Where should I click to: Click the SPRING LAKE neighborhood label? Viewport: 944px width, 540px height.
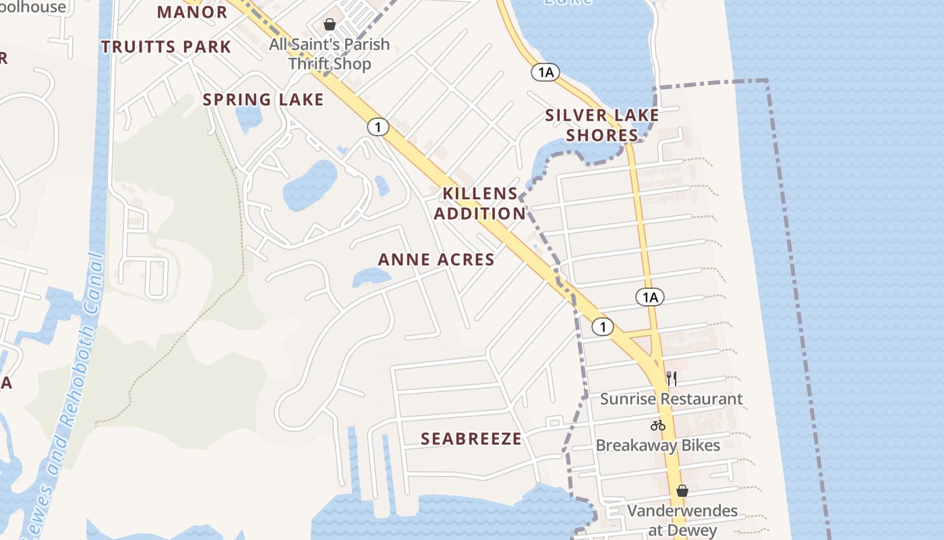(x=263, y=100)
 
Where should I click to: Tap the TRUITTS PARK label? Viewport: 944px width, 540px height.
(x=166, y=47)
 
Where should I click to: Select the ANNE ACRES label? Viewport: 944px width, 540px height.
(x=436, y=259)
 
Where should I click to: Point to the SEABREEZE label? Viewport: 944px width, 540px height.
(x=471, y=439)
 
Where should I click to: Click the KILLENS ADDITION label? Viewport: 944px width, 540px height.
(x=479, y=204)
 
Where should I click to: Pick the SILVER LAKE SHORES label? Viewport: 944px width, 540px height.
(x=601, y=125)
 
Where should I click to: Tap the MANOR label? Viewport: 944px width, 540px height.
(x=192, y=12)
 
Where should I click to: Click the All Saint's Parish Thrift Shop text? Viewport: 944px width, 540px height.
(x=330, y=54)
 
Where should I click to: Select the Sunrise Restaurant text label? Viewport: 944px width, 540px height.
(x=672, y=399)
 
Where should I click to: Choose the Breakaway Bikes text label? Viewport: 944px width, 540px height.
(x=657, y=446)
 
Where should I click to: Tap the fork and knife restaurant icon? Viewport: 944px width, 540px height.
(x=672, y=378)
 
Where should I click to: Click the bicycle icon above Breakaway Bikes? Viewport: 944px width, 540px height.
(x=658, y=425)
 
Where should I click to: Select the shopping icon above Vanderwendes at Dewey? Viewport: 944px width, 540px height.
(x=682, y=491)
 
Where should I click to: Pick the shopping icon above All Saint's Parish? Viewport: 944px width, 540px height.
(x=330, y=25)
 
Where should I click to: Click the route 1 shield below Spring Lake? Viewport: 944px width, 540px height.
(x=378, y=126)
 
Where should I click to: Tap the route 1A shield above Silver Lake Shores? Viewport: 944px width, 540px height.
(x=545, y=72)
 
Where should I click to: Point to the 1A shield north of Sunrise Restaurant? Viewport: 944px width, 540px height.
(x=650, y=297)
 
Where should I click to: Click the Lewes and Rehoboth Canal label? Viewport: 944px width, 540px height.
(x=68, y=398)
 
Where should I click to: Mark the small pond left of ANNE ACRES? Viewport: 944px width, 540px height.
(x=371, y=277)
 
